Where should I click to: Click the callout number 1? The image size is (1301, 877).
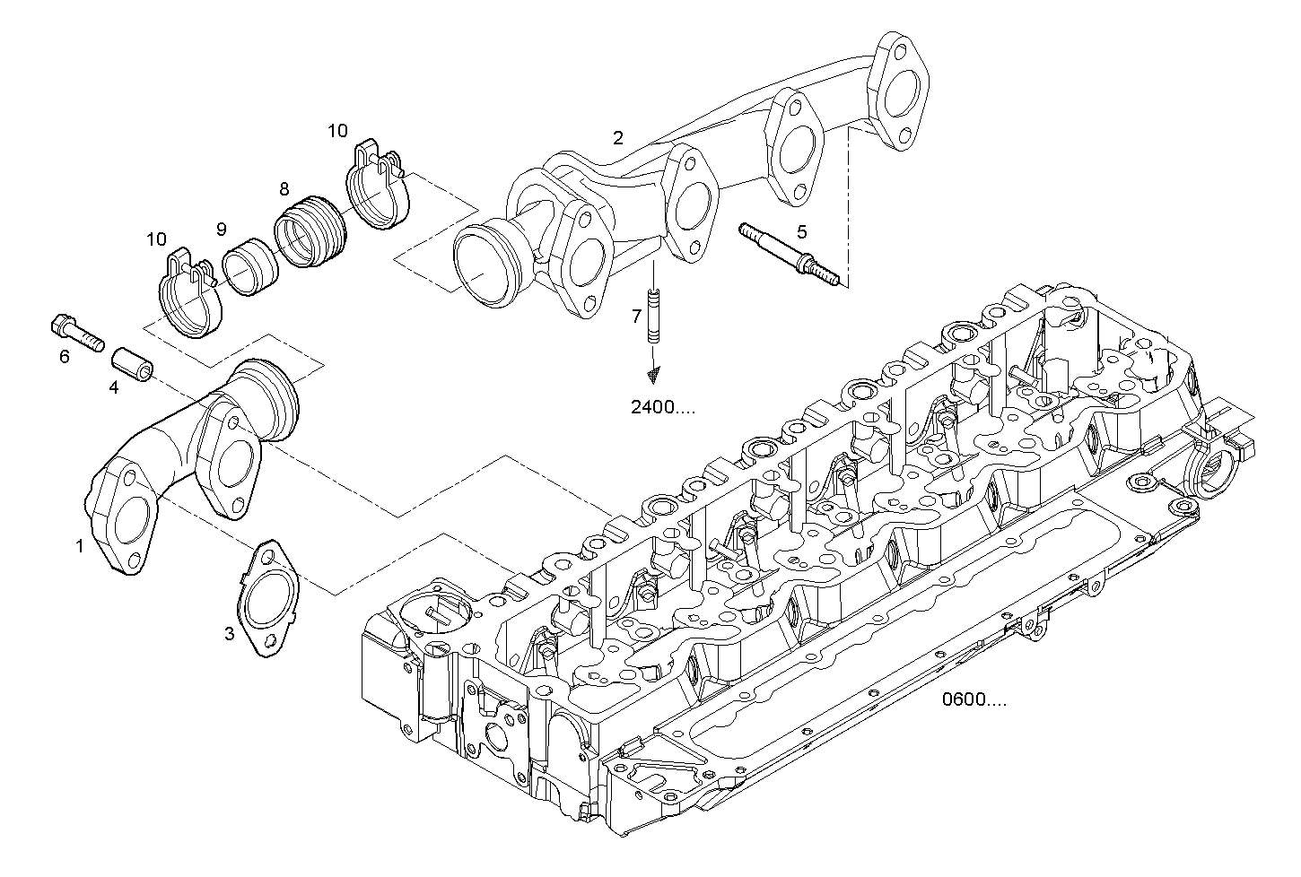(x=79, y=545)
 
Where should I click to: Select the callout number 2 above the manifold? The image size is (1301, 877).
(x=617, y=138)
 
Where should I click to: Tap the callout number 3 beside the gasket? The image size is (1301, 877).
(x=230, y=634)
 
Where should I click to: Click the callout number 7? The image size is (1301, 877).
(x=636, y=316)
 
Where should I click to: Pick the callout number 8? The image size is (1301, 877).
(x=284, y=189)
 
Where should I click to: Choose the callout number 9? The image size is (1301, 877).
(x=221, y=230)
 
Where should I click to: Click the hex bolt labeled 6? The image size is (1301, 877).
(x=77, y=331)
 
